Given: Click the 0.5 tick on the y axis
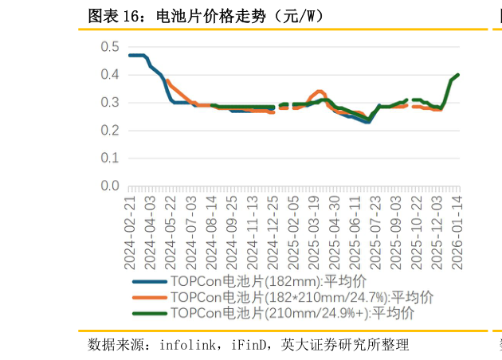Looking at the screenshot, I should (x=110, y=47).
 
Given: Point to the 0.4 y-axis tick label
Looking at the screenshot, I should (x=110, y=75).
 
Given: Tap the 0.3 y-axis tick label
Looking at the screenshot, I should (x=110, y=103).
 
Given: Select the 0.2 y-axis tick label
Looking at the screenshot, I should (x=110, y=131).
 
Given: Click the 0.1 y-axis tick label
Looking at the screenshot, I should (x=110, y=158).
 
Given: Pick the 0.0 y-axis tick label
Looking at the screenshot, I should (x=110, y=186).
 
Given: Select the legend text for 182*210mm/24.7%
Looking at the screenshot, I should (x=302, y=297).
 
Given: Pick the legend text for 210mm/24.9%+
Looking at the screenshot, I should (x=292, y=313).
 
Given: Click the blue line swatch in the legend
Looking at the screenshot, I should (x=149, y=281).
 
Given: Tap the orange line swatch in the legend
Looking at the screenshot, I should (x=149, y=297).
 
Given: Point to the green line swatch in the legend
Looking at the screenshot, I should (x=149, y=313).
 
